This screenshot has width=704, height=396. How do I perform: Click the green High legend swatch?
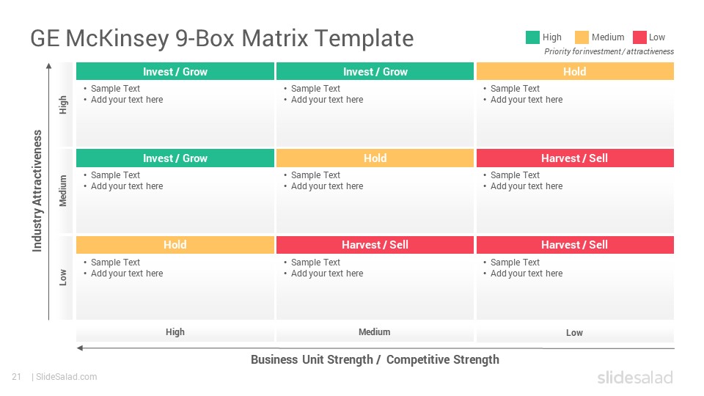[532, 37]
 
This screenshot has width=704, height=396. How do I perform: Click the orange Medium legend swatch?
[582, 37]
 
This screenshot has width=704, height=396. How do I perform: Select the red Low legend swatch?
[639, 37]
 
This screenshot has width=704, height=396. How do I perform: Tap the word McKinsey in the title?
[117, 39]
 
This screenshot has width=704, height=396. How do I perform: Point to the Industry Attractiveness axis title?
[37, 191]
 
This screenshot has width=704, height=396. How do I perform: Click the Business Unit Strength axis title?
[375, 359]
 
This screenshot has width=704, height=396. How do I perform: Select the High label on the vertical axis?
[63, 105]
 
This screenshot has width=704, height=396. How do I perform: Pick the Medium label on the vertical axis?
[63, 191]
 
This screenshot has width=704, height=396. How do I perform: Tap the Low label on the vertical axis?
[63, 277]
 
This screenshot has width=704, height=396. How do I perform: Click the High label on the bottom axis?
[175, 332]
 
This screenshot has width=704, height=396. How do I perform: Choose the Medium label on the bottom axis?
[375, 332]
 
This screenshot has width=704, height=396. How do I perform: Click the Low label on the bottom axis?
[574, 333]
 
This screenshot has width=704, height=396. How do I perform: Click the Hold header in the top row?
[575, 71]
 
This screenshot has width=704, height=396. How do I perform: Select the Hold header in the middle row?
[375, 158]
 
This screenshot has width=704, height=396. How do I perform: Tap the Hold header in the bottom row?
[175, 245]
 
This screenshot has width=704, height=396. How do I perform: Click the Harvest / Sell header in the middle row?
[575, 158]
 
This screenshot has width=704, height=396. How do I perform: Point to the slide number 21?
[17, 377]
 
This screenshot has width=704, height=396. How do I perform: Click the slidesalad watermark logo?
[635, 378]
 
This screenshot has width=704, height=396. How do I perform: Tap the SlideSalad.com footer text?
[67, 377]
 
